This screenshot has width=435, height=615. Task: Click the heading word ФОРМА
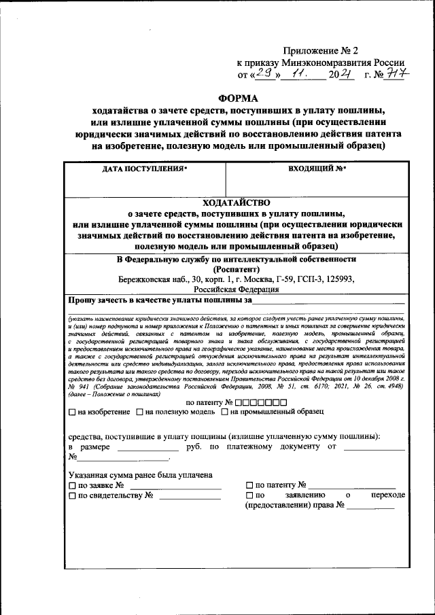click(239, 98)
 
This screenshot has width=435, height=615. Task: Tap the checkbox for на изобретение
click(73, 411)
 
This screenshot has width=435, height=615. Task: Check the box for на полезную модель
click(140, 411)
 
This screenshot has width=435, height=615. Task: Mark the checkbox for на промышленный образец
click(224, 411)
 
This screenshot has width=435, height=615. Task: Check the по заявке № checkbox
click(73, 486)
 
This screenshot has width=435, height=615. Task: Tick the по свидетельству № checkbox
click(73, 496)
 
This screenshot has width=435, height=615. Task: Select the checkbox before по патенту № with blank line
click(249, 486)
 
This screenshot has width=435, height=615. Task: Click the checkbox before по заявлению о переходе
click(249, 496)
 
